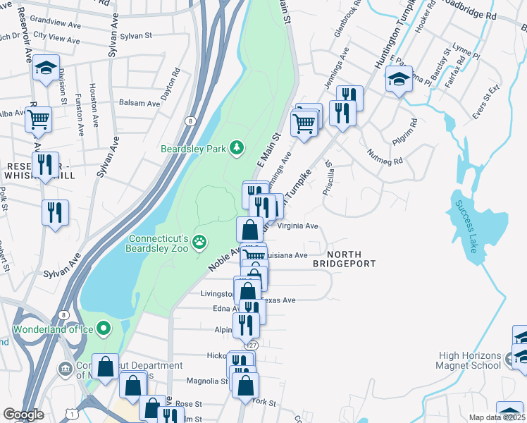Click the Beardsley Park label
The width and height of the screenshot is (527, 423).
pyautogui.click(x=192, y=148)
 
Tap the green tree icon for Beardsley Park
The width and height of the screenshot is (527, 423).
pyautogui.click(x=238, y=146)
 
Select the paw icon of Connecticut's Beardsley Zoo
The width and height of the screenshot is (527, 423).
pyautogui.click(x=201, y=242)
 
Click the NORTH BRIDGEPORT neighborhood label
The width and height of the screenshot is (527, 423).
pyautogui.click(x=350, y=258)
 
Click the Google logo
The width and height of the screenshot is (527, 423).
pyautogui.click(x=23, y=415)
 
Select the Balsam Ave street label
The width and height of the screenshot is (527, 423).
pyautogui.click(x=139, y=103)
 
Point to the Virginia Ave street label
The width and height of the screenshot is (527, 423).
pyautogui.click(x=298, y=226)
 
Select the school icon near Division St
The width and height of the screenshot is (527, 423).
pyautogui.click(x=46, y=68)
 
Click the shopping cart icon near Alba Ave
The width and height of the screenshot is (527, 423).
pyautogui.click(x=39, y=118)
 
